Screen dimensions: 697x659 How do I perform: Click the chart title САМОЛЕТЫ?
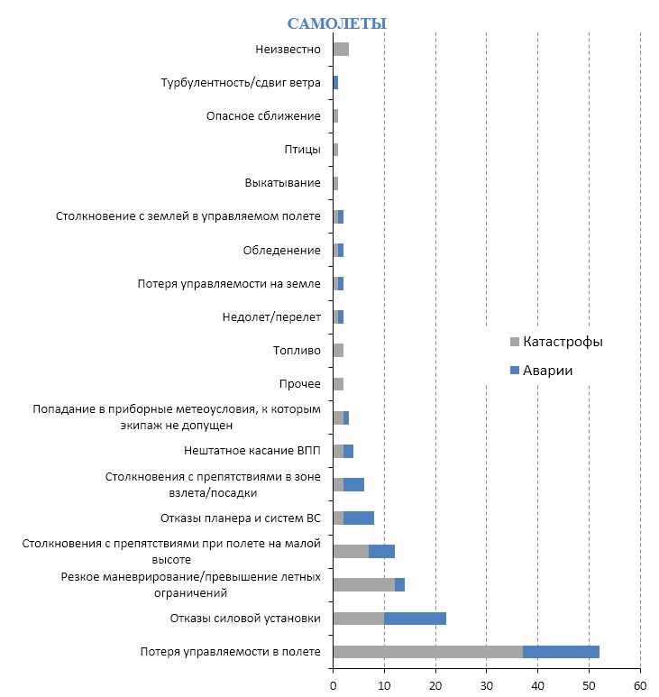(x=336, y=23)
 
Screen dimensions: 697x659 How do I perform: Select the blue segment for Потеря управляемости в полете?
(x=561, y=652)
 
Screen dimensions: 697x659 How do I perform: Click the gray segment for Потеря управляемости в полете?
(x=427, y=652)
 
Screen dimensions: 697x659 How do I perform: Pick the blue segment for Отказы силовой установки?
(x=415, y=619)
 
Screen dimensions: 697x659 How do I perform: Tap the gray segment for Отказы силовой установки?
(x=358, y=619)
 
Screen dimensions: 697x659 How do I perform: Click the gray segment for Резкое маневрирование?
(x=363, y=584)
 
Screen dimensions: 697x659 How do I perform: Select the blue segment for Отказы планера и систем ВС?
(x=358, y=518)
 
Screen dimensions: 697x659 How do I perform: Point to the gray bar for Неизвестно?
(x=341, y=49)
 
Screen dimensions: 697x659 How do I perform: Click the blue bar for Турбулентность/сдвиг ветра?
(x=335, y=83)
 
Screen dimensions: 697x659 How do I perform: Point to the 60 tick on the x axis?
(x=640, y=684)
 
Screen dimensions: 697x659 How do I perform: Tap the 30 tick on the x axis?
(x=487, y=684)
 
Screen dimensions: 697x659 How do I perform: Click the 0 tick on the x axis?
(x=333, y=684)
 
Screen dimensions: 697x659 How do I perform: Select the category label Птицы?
(x=302, y=150)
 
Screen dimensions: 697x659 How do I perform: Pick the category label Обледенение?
(x=281, y=250)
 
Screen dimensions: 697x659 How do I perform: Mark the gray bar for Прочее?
(x=338, y=384)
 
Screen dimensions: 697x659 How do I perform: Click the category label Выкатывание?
(x=282, y=183)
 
